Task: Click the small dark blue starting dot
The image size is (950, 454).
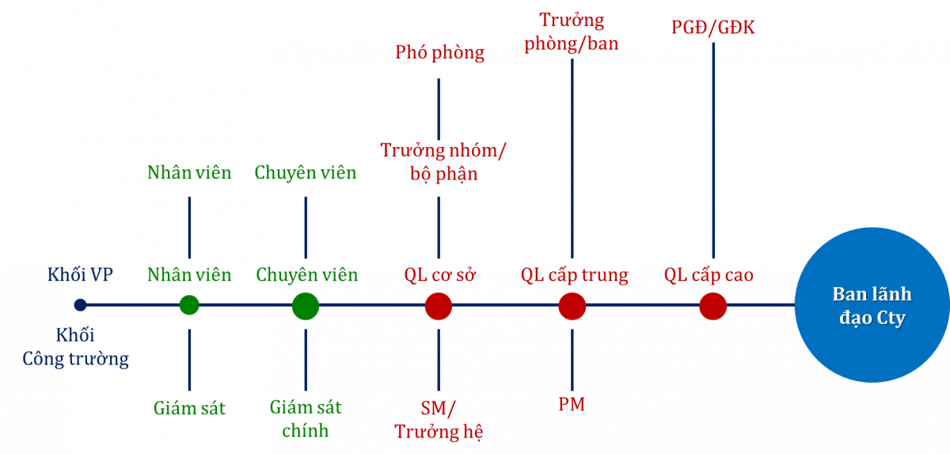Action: tap(80, 305)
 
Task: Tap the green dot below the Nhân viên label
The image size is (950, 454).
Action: tap(189, 305)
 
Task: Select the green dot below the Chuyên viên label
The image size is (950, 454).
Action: tap(306, 305)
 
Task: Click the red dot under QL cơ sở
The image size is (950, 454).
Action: tap(438, 305)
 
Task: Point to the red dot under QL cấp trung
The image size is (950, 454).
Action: tap(572, 305)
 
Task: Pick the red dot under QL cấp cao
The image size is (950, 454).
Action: tap(712, 305)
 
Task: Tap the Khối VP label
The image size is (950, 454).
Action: tap(80, 275)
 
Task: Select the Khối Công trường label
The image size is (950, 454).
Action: tap(75, 347)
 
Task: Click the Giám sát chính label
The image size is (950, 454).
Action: tap(306, 419)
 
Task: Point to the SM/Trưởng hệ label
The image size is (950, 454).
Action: tap(439, 420)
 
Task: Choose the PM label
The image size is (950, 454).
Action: tap(572, 404)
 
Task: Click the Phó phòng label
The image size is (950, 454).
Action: tap(439, 53)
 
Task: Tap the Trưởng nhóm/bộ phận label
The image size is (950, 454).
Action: tap(443, 161)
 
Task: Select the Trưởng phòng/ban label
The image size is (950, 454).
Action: tap(572, 32)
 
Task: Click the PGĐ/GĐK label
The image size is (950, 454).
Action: tap(712, 28)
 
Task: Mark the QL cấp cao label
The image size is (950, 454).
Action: tap(709, 275)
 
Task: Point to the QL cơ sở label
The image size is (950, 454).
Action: tap(439, 275)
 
